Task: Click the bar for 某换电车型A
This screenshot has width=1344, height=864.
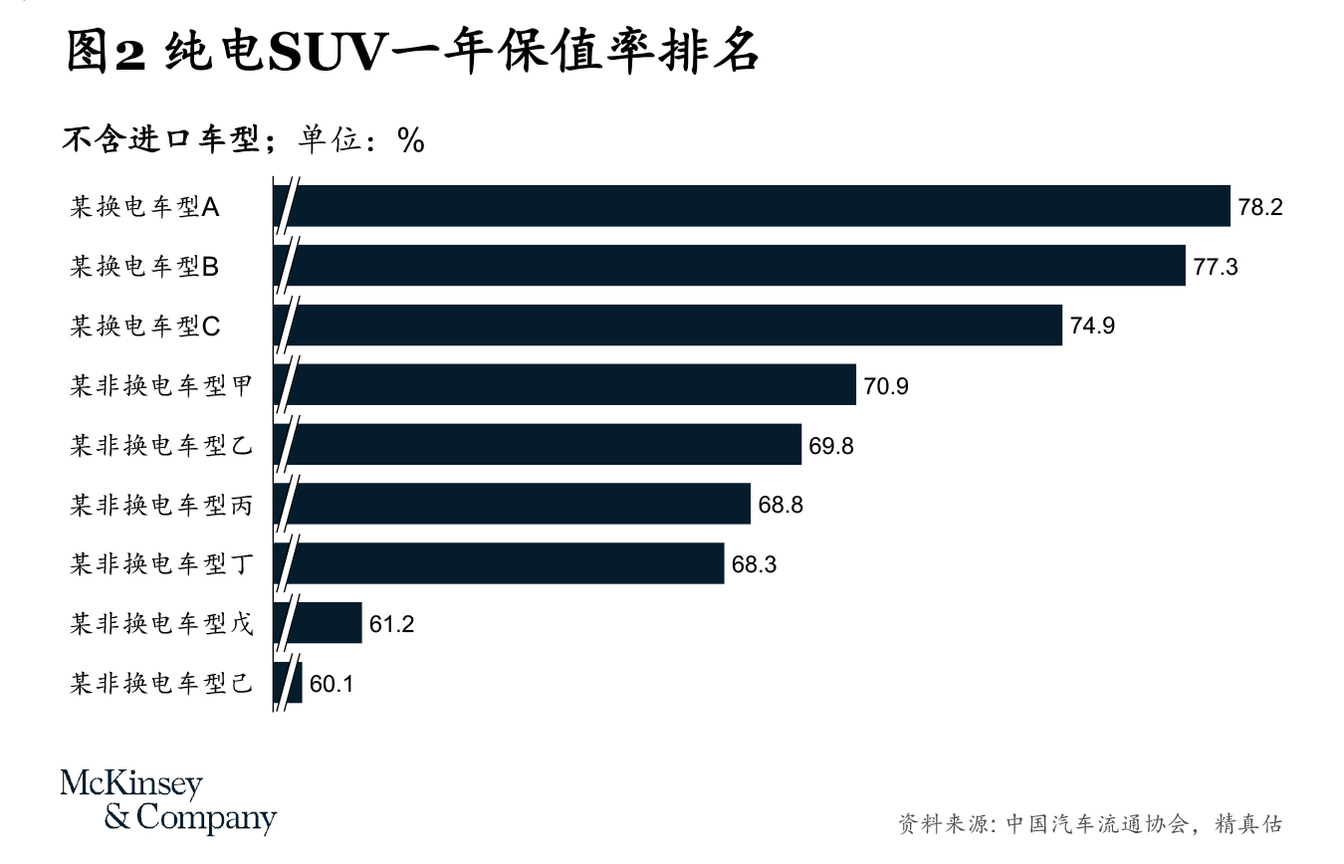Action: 757,206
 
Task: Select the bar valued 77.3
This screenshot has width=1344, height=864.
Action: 737,266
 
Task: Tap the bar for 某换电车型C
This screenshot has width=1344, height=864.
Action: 677,324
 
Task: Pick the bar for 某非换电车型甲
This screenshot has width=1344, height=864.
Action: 572,384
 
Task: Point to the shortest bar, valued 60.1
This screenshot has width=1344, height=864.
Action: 296,683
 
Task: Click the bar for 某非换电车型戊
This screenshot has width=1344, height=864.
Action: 327,623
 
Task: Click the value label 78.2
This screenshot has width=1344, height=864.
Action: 1260,207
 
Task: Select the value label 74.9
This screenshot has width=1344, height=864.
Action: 1092,325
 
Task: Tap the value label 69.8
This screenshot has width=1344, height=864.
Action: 830,445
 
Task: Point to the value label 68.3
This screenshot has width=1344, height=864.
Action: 754,564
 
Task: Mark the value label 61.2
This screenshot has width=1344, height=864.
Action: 391,624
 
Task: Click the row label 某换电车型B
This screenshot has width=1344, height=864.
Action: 144,267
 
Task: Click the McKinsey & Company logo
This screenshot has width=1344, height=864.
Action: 168,801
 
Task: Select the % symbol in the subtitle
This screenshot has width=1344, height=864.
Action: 410,141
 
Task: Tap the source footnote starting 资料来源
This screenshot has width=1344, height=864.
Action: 1089,824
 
